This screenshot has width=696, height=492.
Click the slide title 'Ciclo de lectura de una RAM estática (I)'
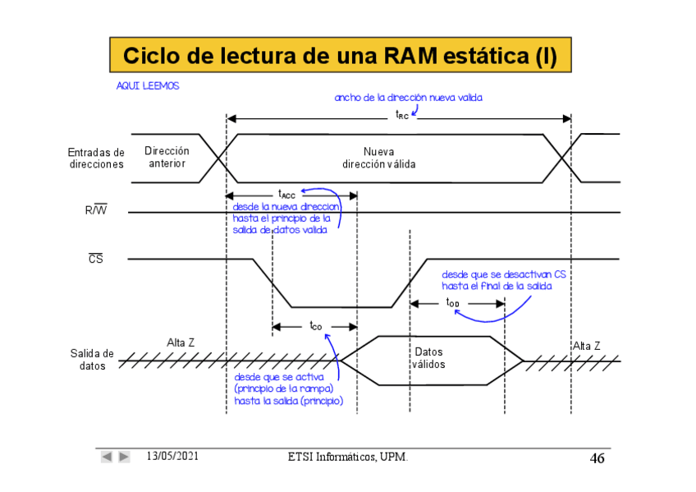point(340,56)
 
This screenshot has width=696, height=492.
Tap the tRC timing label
point(401,115)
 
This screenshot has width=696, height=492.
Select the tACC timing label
point(286,195)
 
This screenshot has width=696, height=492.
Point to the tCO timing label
point(315,326)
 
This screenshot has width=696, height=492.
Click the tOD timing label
point(453,303)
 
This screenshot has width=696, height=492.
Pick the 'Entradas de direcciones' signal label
point(97,158)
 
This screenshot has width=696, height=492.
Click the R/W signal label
point(96,210)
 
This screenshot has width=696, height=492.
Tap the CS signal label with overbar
point(96,259)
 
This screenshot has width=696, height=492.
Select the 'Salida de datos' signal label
point(92,360)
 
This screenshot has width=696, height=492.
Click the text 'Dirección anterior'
point(167,157)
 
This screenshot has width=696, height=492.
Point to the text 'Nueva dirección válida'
point(378,158)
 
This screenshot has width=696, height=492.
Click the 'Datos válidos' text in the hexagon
point(428,358)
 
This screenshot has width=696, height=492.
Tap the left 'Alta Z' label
point(181,343)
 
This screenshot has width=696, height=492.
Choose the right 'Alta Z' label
point(586,346)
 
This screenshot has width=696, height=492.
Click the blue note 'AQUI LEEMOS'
point(148,86)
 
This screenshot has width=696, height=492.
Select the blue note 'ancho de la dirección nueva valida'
point(408,98)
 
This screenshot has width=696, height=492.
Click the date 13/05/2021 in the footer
point(172,456)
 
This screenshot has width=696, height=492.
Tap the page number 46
point(597,458)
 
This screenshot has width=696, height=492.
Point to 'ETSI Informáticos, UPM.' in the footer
point(348,457)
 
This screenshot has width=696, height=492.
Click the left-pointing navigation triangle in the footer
point(107,457)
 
